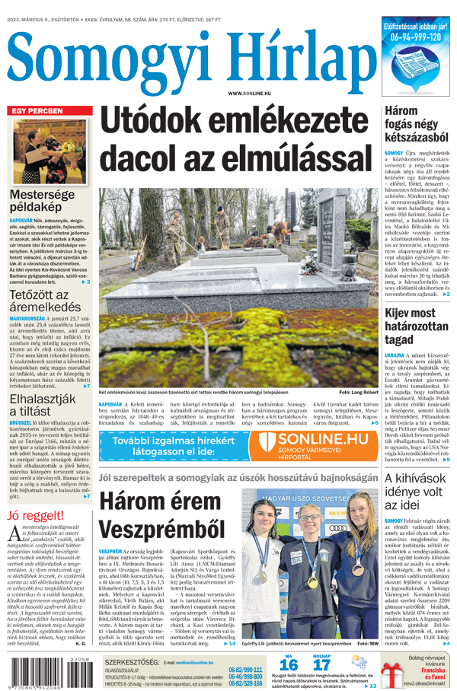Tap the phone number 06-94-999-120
pos(415,37)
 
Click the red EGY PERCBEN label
pos(36,111)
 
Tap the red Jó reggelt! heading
pos(35,515)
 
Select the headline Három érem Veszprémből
pos(159,516)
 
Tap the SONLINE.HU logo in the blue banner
pos(323,440)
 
